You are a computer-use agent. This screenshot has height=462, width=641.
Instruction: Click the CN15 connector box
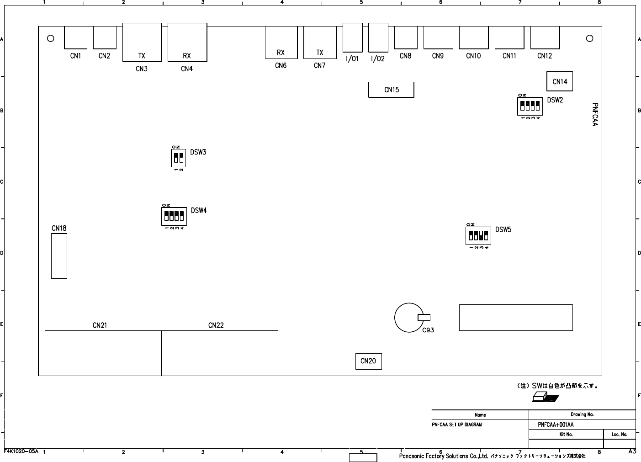coord(391,90)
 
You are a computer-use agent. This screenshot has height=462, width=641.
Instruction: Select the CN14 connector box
coord(560,81)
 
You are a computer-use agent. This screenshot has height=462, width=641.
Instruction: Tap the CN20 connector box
coord(368,361)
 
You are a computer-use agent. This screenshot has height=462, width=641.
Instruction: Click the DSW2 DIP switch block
coord(530,106)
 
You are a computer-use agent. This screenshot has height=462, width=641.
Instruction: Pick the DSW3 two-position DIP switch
coord(179,158)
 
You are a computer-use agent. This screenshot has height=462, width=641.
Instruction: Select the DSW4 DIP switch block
coord(174,216)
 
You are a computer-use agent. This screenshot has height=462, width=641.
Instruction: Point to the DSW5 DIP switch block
coord(478,236)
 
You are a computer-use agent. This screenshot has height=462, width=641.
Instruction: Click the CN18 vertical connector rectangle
coord(59,256)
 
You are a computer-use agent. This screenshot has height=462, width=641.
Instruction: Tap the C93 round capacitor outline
coord(409,318)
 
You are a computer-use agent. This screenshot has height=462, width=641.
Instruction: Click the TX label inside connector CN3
coord(142,56)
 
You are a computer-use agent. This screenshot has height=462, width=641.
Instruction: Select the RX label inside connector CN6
coord(281,53)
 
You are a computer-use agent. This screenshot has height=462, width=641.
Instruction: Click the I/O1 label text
coord(352,59)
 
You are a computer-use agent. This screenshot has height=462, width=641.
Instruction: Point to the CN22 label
coord(216,325)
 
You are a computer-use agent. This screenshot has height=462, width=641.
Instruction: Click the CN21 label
coord(100,325)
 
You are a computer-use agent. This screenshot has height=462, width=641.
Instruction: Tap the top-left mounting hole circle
coord(51,38)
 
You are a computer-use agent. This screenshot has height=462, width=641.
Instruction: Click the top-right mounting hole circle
coord(589,38)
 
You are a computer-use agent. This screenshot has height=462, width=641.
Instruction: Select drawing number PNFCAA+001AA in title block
coord(556,425)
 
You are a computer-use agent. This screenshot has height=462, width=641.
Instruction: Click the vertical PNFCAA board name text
coord(594,114)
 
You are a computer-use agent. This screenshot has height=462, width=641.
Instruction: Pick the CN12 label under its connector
coord(545,56)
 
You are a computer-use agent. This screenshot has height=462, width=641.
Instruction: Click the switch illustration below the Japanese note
coord(545,397)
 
